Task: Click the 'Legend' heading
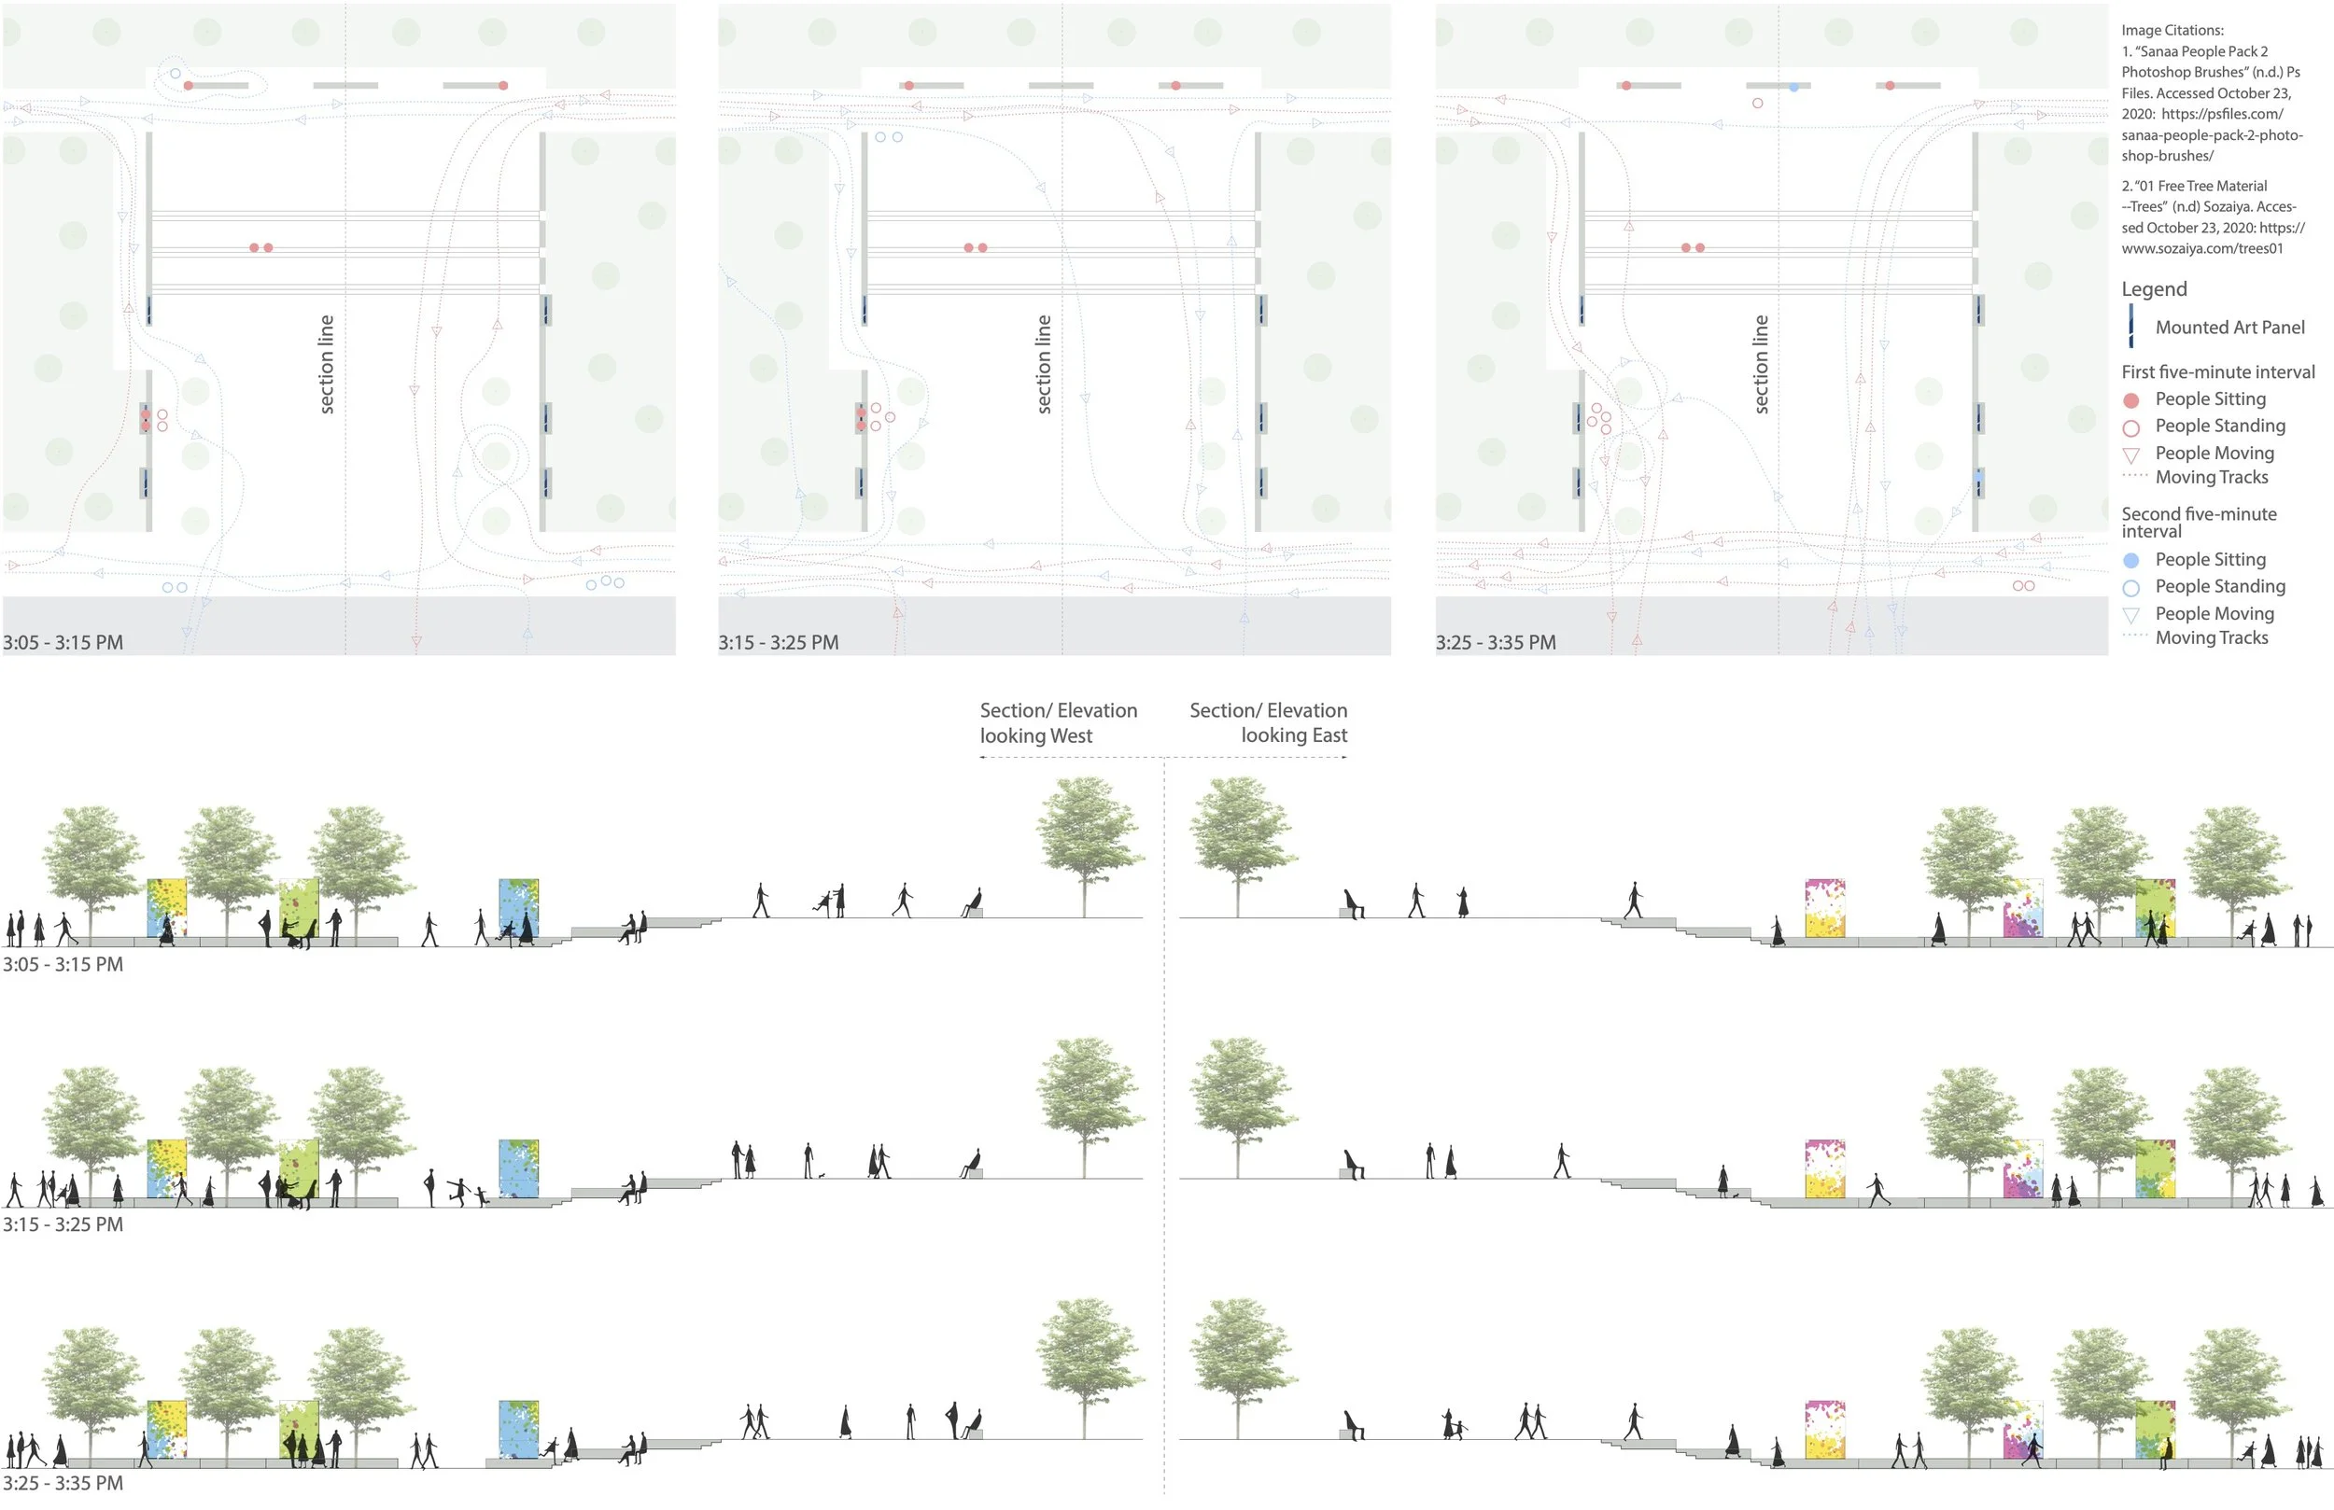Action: coord(2154,288)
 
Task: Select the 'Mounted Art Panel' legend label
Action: coord(2229,328)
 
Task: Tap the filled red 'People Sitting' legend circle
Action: coord(2131,400)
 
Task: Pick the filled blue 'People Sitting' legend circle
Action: coord(2131,560)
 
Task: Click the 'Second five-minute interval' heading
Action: coord(2199,522)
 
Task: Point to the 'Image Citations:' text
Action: coord(2172,31)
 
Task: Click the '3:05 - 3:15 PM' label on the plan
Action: coord(63,642)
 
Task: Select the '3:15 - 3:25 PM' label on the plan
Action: coord(779,642)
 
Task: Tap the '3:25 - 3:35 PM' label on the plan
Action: coord(1496,642)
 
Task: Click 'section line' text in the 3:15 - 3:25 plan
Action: coord(1044,364)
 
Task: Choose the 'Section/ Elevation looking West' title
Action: coord(1058,722)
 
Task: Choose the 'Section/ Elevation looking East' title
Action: coord(1268,722)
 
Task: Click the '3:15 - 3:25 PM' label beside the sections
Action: coord(63,1223)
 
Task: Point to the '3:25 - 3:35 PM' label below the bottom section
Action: coord(63,1483)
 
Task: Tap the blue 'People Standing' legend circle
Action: coord(2131,588)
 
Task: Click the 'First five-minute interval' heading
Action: coord(2218,371)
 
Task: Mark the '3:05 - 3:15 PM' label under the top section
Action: coord(63,964)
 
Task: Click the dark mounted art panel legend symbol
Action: coord(2131,327)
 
